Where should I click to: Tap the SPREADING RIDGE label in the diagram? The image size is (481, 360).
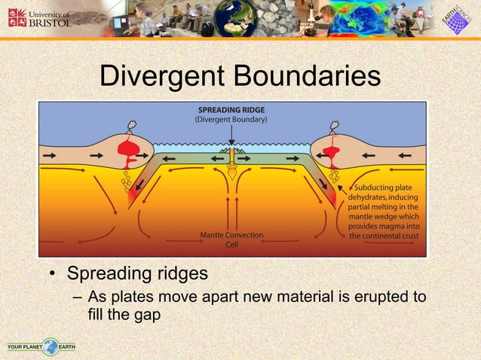pyautogui.click(x=232, y=108)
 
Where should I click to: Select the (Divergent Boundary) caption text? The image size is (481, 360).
pyautogui.click(x=232, y=119)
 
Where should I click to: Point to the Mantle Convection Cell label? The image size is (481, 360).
pyautogui.click(x=232, y=239)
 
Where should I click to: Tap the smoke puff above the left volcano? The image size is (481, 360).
pyautogui.click(x=131, y=127)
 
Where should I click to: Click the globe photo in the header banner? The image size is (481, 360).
pyautogui.click(x=236, y=18)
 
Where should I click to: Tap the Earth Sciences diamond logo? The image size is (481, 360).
pyautogui.click(x=455, y=19)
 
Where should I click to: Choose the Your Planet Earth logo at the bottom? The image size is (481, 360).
pyautogui.click(x=41, y=347)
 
